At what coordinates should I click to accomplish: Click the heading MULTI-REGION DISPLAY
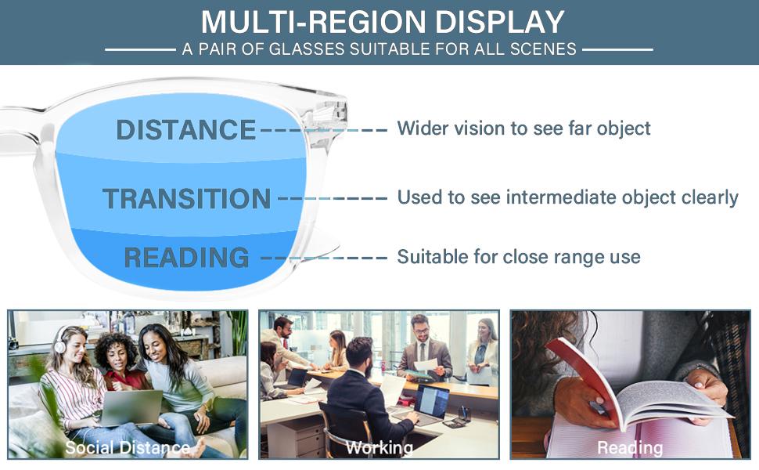tap(382, 21)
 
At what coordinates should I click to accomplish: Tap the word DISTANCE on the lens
tap(186, 129)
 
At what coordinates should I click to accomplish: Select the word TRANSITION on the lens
tap(186, 199)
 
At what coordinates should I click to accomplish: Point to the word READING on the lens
tap(186, 257)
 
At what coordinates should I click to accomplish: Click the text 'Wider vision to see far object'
tap(523, 128)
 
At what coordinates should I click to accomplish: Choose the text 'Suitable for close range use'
tap(519, 256)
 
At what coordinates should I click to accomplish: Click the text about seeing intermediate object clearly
tap(567, 197)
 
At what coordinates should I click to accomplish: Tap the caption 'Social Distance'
tap(127, 448)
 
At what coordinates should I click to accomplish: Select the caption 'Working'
tap(379, 448)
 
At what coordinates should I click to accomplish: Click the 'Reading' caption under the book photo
tap(630, 448)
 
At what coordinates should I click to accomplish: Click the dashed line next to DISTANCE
tap(322, 129)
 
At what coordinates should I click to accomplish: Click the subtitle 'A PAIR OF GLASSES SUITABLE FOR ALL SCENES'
tap(379, 49)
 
